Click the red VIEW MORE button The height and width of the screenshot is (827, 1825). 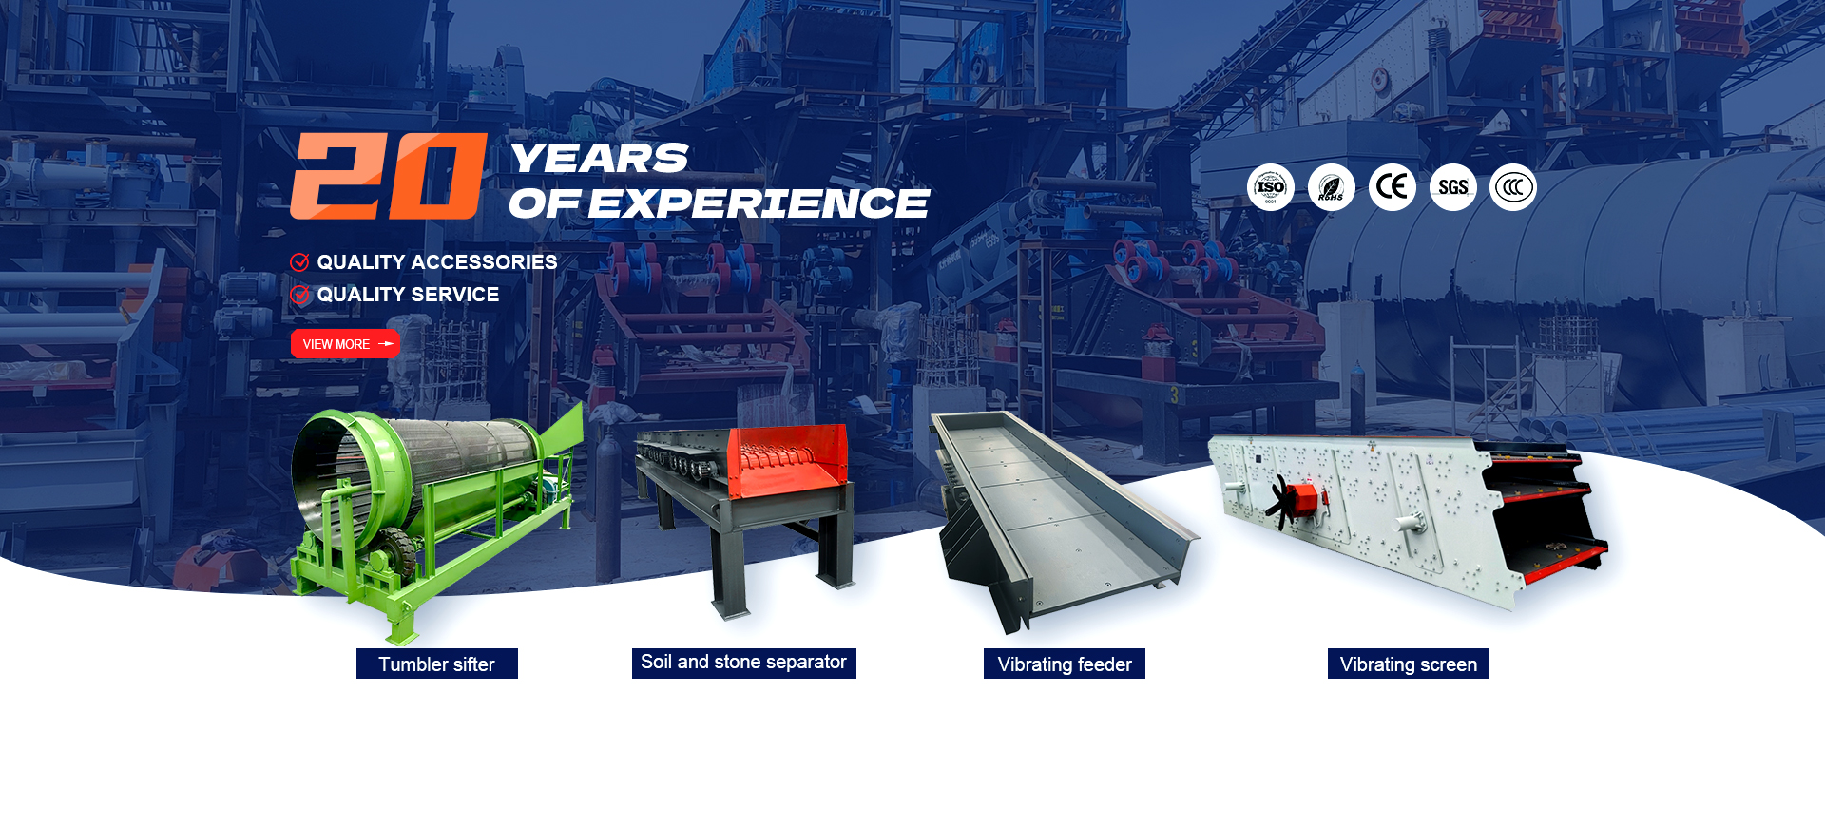pos(345,344)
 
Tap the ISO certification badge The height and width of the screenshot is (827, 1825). pos(1271,187)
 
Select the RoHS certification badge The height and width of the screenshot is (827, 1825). pos(1332,187)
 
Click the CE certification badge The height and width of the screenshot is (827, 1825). pos(1393,187)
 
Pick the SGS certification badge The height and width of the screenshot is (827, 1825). pos(1453,187)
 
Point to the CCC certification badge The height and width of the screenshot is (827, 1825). pos(1513,187)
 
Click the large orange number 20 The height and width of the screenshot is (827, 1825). pos(389,176)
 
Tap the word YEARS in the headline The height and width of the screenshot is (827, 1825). pos(599,158)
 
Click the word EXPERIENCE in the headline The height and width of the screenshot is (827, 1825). pos(759,203)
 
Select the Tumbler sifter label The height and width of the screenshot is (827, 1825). pos(437,664)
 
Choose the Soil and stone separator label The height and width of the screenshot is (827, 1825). pos(744,663)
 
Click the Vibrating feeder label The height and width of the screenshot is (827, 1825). pos(1065,664)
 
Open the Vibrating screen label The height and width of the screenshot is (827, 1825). pos(1409,664)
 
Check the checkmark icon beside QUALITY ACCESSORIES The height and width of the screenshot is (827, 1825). pos(299,262)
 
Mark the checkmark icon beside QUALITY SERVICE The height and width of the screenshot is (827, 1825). pos(299,295)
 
